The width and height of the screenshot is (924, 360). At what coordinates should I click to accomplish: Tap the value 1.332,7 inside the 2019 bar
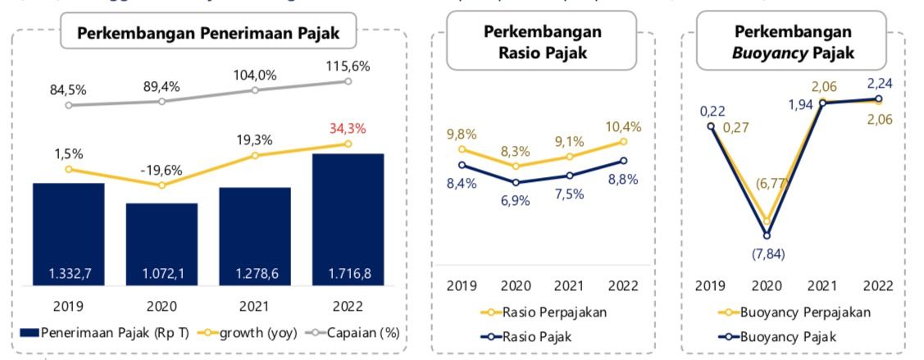[68, 272]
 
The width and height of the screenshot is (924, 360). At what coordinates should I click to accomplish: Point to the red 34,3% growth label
[348, 129]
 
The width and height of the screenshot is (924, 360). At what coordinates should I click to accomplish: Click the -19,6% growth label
[161, 170]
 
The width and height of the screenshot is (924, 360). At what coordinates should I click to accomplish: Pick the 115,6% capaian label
[348, 65]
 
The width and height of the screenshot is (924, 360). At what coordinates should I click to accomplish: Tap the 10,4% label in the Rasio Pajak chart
[625, 126]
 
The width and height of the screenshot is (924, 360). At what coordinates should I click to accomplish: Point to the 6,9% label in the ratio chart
[515, 200]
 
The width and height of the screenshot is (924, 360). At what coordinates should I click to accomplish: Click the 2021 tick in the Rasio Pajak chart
[570, 285]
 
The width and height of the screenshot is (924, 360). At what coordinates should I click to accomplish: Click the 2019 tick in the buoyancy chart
[711, 285]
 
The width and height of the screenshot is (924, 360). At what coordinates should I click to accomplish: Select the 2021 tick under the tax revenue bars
[255, 306]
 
